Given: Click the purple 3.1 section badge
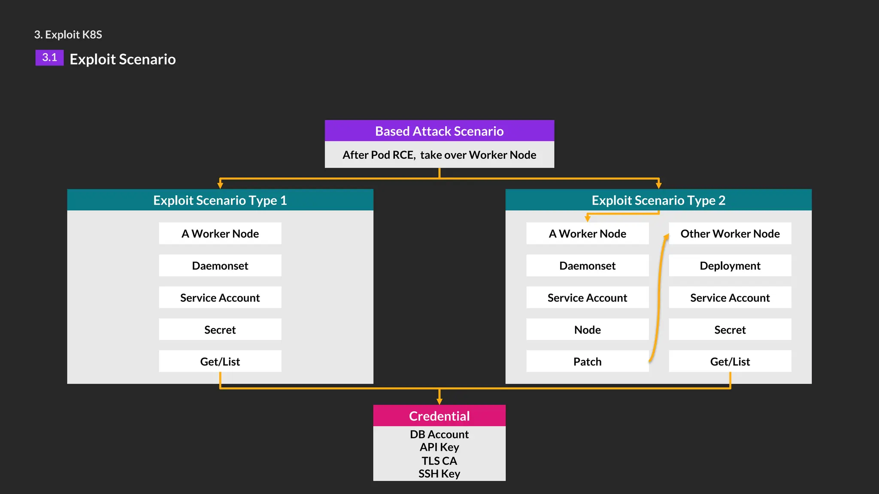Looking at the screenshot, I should [49, 57].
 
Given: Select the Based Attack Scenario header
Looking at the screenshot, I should [439, 131].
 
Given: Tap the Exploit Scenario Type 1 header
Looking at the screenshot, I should [220, 200].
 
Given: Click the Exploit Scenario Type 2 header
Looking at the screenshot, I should [658, 200].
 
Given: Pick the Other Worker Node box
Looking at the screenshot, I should [730, 233].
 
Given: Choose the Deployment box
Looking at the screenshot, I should [730, 265].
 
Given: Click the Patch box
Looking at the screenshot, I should [587, 361].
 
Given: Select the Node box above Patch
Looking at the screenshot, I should [587, 329].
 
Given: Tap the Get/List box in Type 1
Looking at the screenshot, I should [220, 361].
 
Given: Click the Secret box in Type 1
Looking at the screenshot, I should [220, 329].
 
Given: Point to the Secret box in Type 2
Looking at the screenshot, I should [730, 329].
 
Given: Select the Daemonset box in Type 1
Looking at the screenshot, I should [220, 265].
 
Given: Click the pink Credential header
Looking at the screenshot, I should [439, 416].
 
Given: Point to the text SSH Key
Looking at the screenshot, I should [439, 473].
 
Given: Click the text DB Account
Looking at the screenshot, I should [439, 434].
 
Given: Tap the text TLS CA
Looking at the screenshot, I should [439, 461].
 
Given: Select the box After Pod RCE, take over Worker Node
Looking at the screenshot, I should [439, 154].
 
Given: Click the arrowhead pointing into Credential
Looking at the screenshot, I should [439, 401].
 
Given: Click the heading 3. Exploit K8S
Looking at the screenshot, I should [68, 34].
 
